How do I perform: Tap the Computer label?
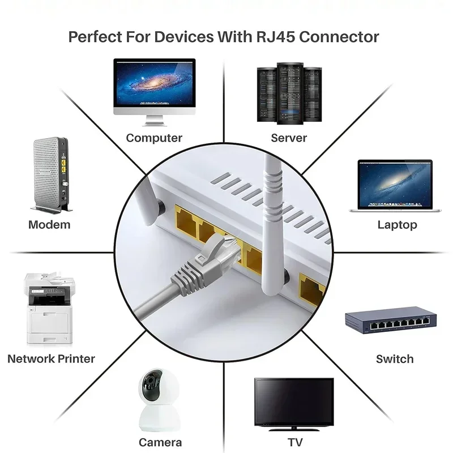click(154, 138)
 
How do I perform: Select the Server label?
click(289, 138)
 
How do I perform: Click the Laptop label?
click(397, 225)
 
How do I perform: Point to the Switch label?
click(395, 359)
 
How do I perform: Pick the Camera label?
click(160, 442)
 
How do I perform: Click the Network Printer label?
click(51, 359)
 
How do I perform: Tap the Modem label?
click(49, 225)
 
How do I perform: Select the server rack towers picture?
click(289, 93)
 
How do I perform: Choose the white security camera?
click(160, 402)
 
